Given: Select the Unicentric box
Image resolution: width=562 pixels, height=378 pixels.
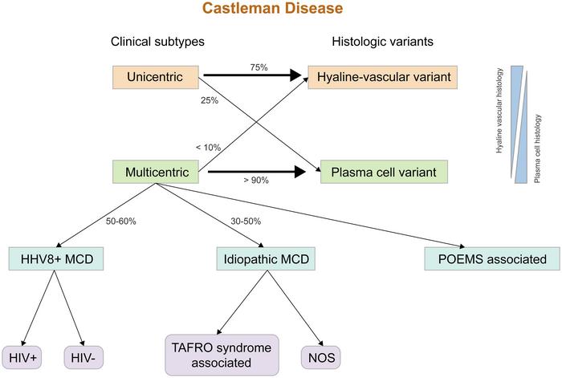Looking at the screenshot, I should (x=157, y=78).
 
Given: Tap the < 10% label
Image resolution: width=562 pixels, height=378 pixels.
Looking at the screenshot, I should (x=208, y=147).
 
